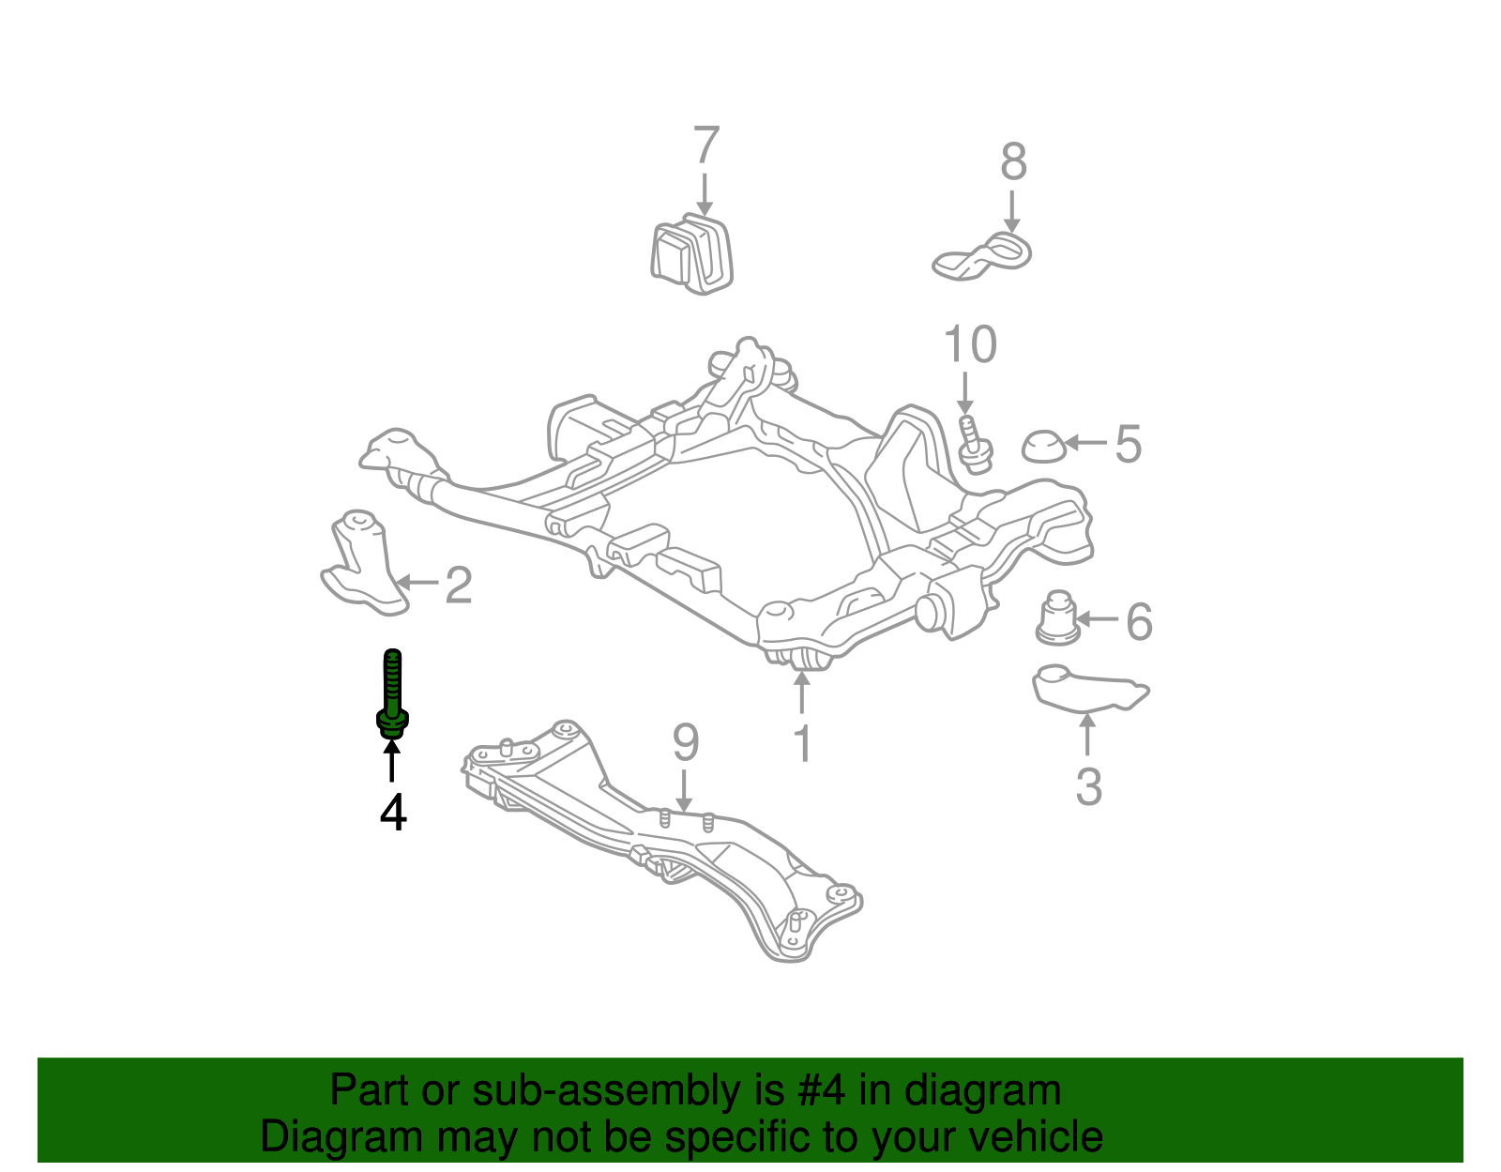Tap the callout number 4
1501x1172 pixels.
pos(393,813)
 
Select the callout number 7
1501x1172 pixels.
pos(705,146)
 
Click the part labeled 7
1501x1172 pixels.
pos(691,253)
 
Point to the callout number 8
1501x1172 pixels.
pos(1013,162)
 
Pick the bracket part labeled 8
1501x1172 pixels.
pos(982,256)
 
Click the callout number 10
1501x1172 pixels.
pos(970,345)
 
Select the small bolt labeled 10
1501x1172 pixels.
pos(973,445)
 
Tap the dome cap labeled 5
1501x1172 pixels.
pos(1042,447)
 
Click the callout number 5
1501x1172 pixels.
pos(1128,444)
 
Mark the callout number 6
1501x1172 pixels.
pos(1139,621)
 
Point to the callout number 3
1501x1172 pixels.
pos(1088,786)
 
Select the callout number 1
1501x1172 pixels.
pos(802,743)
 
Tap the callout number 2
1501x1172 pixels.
pos(458,585)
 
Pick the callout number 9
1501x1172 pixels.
pos(686,743)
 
